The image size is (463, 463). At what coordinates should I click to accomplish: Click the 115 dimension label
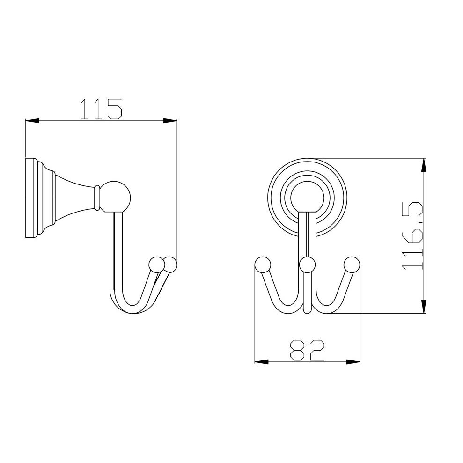pyautogui.click(x=101, y=109)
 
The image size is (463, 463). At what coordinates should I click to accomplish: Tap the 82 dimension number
pyautogui.click(x=307, y=350)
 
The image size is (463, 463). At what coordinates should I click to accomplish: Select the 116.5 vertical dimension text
pyautogui.click(x=412, y=235)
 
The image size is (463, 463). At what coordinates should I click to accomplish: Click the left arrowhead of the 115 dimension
pyautogui.click(x=32, y=121)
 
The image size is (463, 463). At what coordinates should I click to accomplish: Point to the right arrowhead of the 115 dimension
pyautogui.click(x=170, y=121)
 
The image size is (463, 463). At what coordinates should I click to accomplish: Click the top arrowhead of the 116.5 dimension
pyautogui.click(x=424, y=165)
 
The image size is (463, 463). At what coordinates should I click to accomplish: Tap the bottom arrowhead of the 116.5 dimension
pyautogui.click(x=424, y=306)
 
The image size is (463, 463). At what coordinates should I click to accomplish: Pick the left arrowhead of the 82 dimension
pyautogui.click(x=262, y=362)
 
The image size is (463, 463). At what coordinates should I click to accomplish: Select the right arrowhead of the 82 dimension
pyautogui.click(x=353, y=362)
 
